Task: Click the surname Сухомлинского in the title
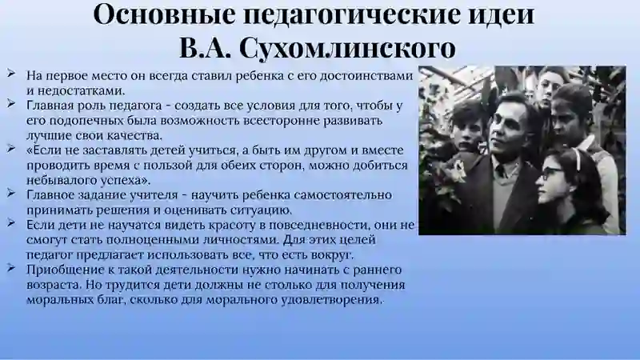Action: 347,48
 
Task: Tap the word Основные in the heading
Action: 165,14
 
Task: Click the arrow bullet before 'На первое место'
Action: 11,74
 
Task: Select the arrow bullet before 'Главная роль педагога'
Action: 11,104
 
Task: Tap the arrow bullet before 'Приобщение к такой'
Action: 11,268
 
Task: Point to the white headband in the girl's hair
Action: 576,155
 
